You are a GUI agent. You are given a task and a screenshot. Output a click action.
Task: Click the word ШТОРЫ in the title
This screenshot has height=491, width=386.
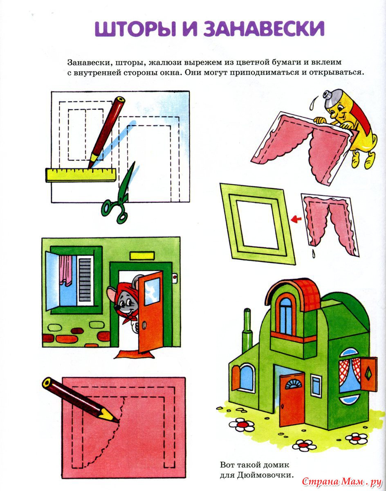[x=135, y=29]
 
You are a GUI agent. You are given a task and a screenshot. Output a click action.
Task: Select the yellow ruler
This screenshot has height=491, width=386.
[x=81, y=175]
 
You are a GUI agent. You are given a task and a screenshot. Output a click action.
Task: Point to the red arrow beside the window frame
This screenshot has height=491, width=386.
[x=296, y=219]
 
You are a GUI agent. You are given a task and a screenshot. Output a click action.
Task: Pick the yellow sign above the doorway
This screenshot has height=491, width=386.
[x=142, y=256]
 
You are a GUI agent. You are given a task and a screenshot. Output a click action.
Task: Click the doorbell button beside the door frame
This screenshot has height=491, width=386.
[x=175, y=278]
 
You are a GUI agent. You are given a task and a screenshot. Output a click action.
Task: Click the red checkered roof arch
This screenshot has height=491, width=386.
[x=305, y=293]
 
